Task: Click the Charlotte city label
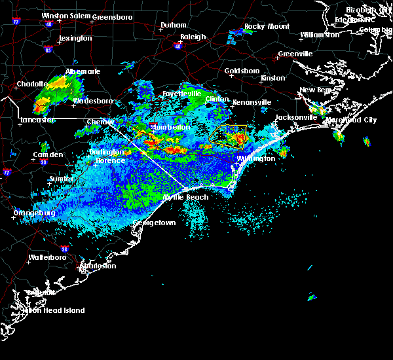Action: [32, 84]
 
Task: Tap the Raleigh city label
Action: [193, 37]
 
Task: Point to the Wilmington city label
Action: [255, 158]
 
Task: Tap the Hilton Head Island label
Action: [56, 310]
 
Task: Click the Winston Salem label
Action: [64, 16]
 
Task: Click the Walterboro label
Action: [48, 257]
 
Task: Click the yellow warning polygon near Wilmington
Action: [229, 135]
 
